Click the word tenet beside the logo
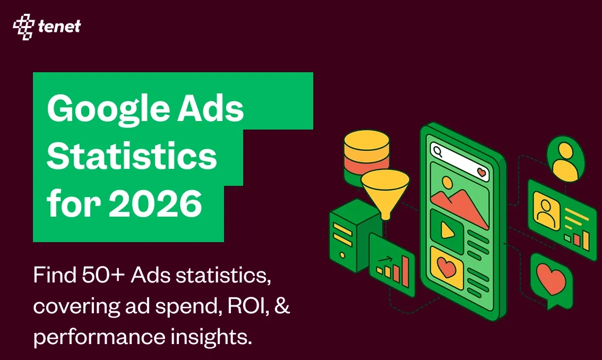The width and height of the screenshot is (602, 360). click(x=59, y=27)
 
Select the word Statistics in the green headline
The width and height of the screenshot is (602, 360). click(x=132, y=156)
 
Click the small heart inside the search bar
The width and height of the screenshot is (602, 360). click(x=481, y=172)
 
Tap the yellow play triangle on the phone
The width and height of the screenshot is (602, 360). click(x=446, y=230)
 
